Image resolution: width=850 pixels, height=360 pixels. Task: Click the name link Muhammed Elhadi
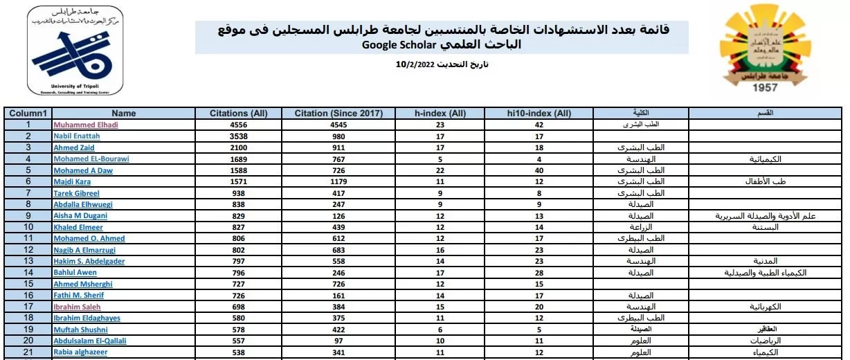tap(86, 125)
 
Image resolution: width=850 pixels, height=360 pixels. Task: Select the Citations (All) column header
tap(238, 114)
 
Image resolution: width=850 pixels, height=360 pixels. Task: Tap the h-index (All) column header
tap(440, 114)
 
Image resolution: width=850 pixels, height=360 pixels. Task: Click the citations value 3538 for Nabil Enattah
tap(238, 136)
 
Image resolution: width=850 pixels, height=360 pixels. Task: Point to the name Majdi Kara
tap(73, 181)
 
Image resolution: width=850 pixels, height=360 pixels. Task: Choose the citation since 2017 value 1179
tap(339, 181)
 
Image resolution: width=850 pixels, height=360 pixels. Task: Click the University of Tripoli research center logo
tap(76, 50)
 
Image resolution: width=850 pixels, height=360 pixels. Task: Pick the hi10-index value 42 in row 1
tap(540, 125)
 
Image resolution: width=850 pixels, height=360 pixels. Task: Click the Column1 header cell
tap(28, 114)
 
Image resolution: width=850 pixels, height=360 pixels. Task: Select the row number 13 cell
tap(28, 261)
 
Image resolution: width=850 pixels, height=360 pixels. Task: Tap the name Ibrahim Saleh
tap(77, 306)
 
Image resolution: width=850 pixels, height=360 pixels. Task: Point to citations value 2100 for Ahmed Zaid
tap(238, 147)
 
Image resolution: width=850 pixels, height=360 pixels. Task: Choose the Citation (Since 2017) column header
tap(339, 114)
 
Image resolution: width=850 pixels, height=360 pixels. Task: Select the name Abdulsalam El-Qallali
tap(90, 341)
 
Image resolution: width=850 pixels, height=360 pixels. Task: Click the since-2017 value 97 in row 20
tap(339, 341)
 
